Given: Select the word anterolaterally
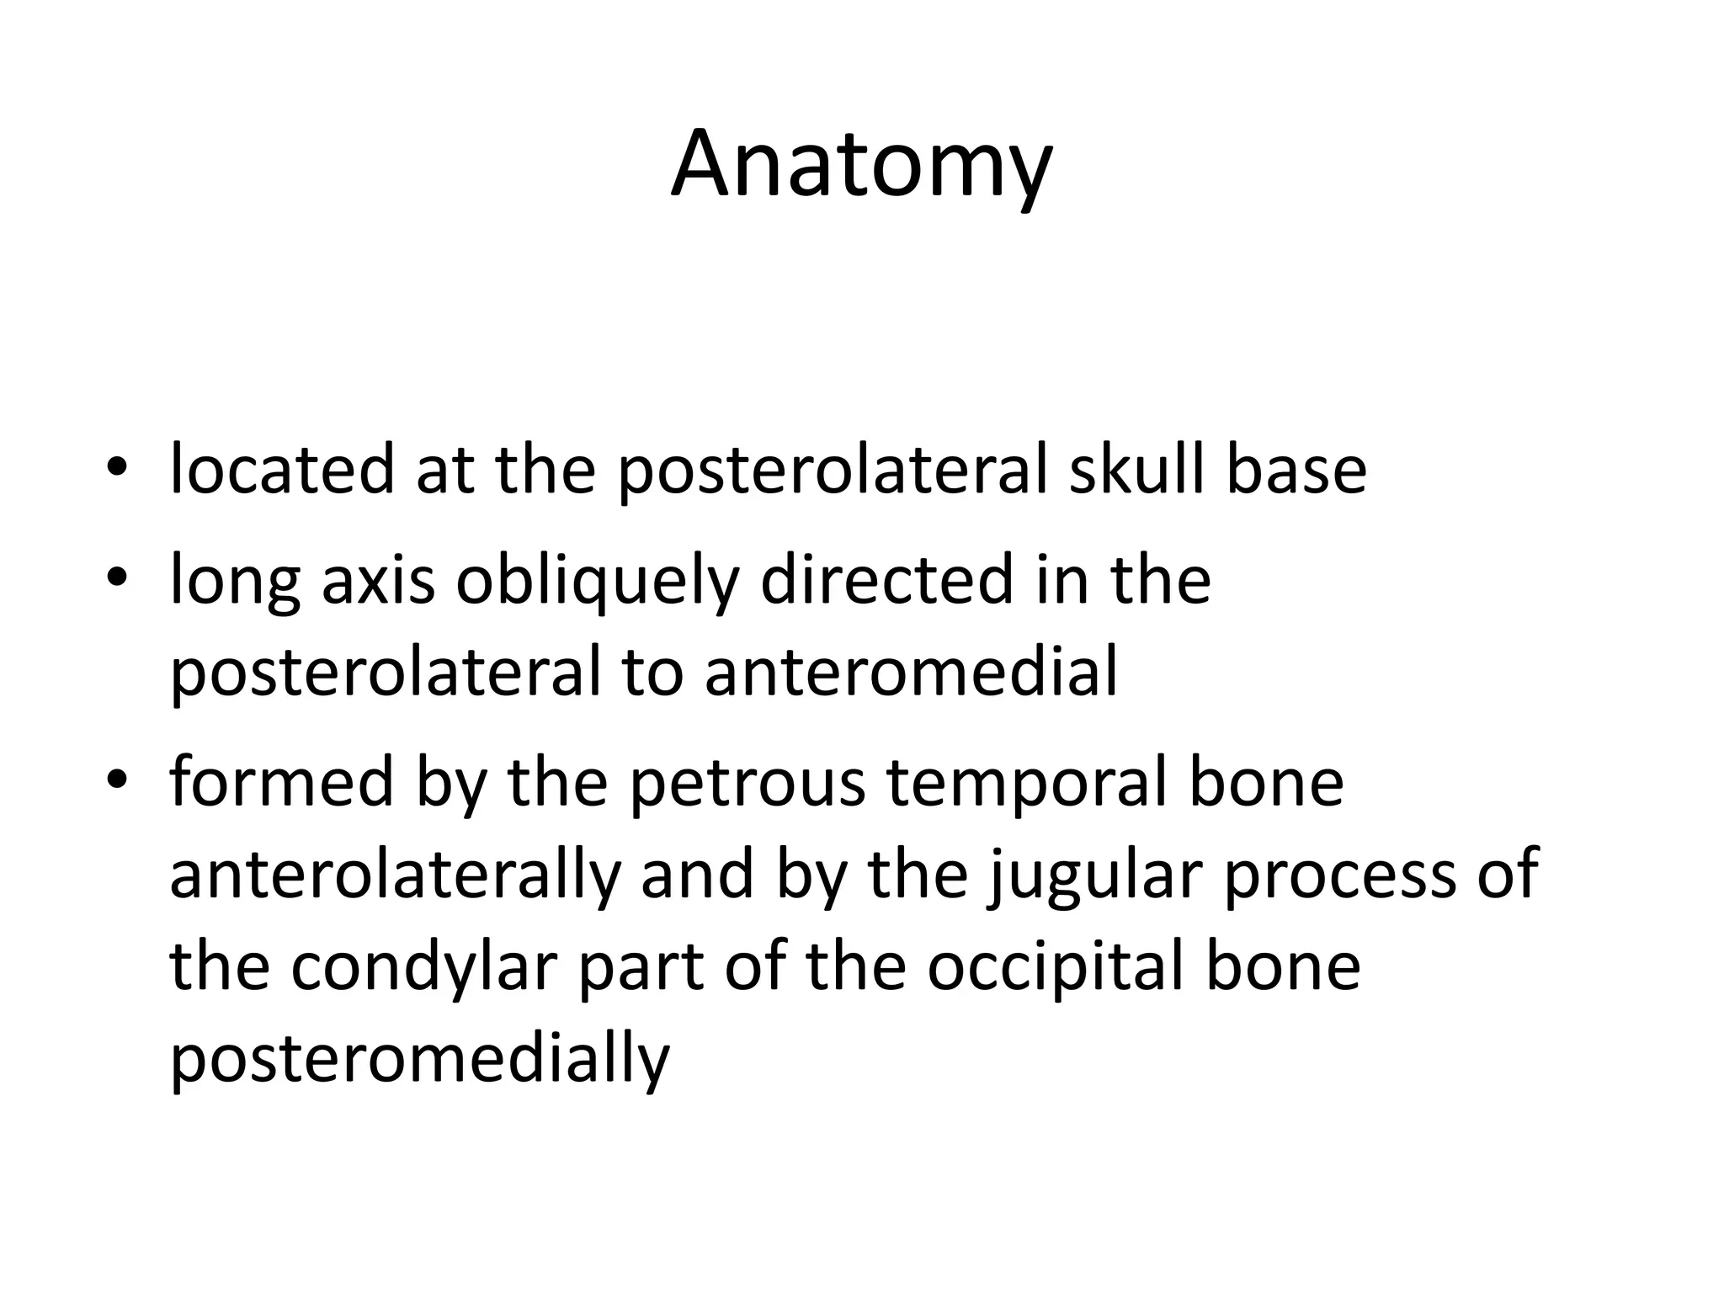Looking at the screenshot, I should pos(394,875).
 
